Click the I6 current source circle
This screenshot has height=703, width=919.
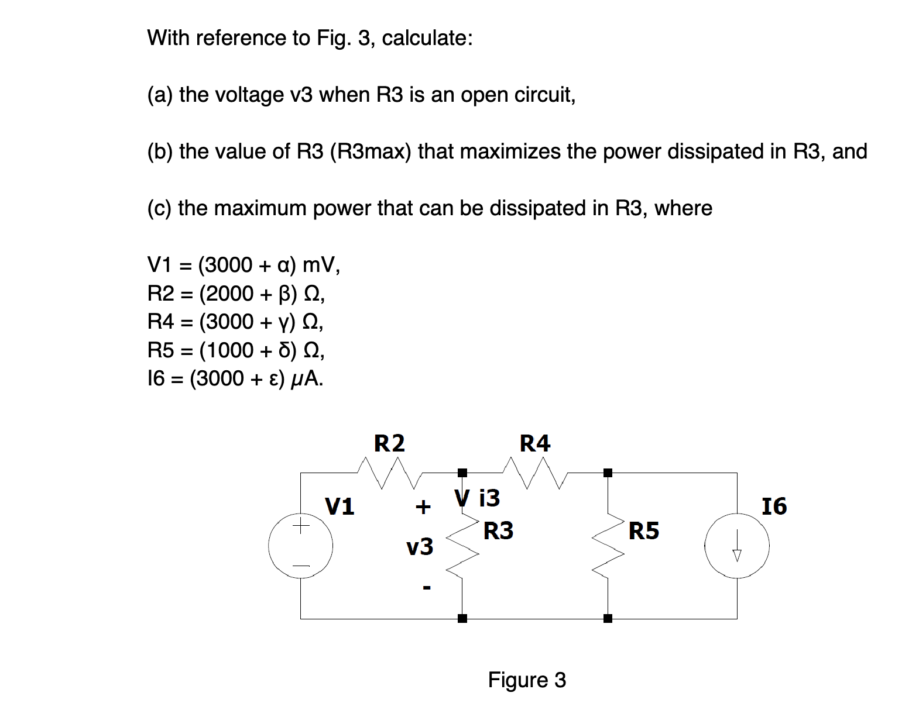pyautogui.click(x=737, y=546)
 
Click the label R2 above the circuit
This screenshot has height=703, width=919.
pyautogui.click(x=389, y=443)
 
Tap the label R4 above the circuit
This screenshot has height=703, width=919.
pyautogui.click(x=535, y=443)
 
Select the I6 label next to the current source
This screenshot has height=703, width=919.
pyautogui.click(x=774, y=506)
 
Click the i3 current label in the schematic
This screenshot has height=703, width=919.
pyautogui.click(x=489, y=498)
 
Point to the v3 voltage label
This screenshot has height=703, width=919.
pyautogui.click(x=420, y=547)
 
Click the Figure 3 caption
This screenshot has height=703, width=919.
pyautogui.click(x=527, y=680)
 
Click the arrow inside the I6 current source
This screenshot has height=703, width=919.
pyautogui.click(x=738, y=547)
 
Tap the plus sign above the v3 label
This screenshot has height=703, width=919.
pyautogui.click(x=423, y=506)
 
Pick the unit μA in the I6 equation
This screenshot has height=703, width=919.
pyautogui.click(x=307, y=379)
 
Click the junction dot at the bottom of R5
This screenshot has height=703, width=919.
pyautogui.click(x=608, y=618)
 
